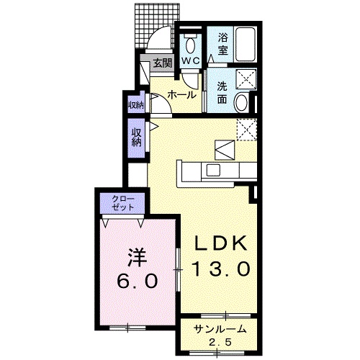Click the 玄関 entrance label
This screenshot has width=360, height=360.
[x=163, y=63]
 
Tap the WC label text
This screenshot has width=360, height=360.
[x=190, y=61]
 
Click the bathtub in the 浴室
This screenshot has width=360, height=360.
[x=246, y=45]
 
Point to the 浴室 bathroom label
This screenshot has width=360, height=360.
[x=222, y=44]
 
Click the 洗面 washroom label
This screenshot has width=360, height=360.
[x=222, y=93]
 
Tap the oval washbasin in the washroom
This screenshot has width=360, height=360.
[x=241, y=103]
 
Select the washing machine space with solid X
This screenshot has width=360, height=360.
[x=246, y=78]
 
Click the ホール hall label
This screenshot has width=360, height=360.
[x=181, y=95]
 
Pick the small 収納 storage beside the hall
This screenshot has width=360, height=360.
[x=136, y=104]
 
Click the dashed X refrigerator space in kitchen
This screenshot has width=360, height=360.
[x=247, y=130]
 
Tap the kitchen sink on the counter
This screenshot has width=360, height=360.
[x=213, y=170]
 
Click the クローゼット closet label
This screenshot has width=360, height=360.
[x=123, y=203]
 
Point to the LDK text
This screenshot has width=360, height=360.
[x=221, y=243]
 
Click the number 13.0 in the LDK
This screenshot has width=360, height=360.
[x=221, y=269]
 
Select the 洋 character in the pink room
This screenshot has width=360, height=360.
[x=137, y=258]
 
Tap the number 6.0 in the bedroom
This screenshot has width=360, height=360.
[x=138, y=280]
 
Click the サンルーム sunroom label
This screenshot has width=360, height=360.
[x=220, y=329]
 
